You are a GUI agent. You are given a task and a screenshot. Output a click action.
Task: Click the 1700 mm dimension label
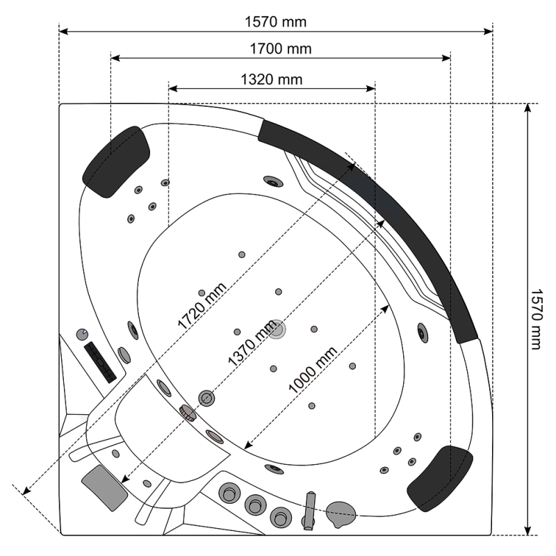click(x=281, y=49)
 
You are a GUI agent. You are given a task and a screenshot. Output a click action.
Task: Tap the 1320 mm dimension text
click(x=272, y=79)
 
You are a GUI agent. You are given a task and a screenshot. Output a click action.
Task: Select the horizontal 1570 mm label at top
click(x=275, y=22)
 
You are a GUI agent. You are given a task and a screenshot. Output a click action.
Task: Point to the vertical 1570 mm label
click(x=536, y=319)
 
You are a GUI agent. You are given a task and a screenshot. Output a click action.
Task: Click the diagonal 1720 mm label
click(x=202, y=306)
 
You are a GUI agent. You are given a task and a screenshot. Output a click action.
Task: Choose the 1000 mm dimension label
click(x=313, y=370)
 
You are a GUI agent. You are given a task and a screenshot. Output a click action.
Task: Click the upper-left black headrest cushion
click(x=116, y=162)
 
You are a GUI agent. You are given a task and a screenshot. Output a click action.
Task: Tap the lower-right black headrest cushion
click(x=440, y=478)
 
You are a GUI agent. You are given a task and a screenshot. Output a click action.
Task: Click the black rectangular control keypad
click(x=100, y=362)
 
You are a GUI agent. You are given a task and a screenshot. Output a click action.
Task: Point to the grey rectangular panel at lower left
click(x=104, y=488)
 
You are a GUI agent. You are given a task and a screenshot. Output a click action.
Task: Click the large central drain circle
click(x=277, y=329)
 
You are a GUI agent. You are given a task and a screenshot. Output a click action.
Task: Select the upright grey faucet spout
click(x=310, y=511)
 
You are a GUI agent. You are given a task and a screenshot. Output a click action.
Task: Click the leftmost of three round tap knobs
click(x=229, y=493)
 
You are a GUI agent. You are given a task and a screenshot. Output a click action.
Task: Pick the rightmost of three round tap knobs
click(x=281, y=518)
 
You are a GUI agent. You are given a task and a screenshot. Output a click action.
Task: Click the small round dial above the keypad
click(x=82, y=334)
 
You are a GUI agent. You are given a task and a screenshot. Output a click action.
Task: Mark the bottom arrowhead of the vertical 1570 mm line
click(x=528, y=530)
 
